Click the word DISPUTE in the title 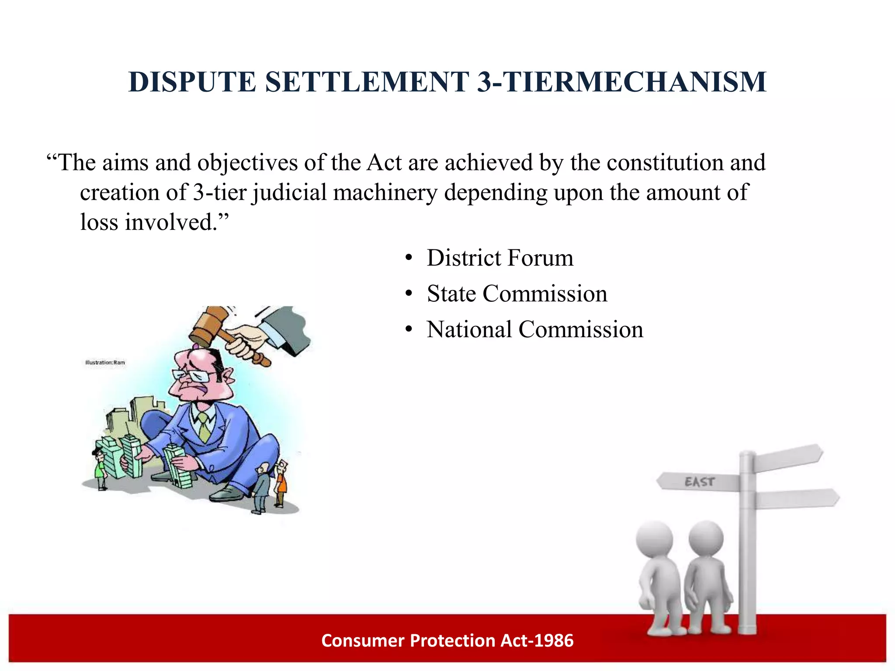[192, 82]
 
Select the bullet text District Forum [500, 258]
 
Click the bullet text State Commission [517, 294]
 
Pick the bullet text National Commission [535, 329]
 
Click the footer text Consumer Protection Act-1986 [447, 640]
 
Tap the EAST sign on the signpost [699, 482]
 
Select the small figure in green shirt [101, 470]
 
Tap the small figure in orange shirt [282, 483]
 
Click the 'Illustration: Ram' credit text [105, 362]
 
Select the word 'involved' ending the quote [170, 222]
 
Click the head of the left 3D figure [654, 538]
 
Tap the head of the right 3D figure [706, 537]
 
